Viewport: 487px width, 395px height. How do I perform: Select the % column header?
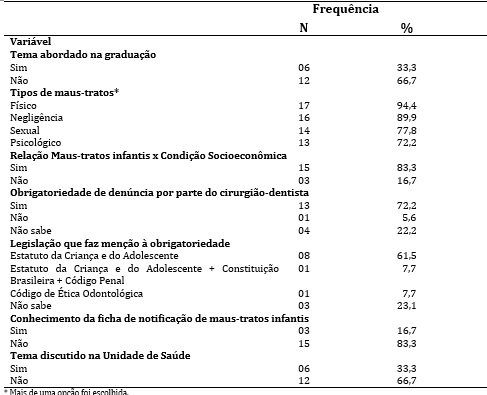point(406,28)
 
